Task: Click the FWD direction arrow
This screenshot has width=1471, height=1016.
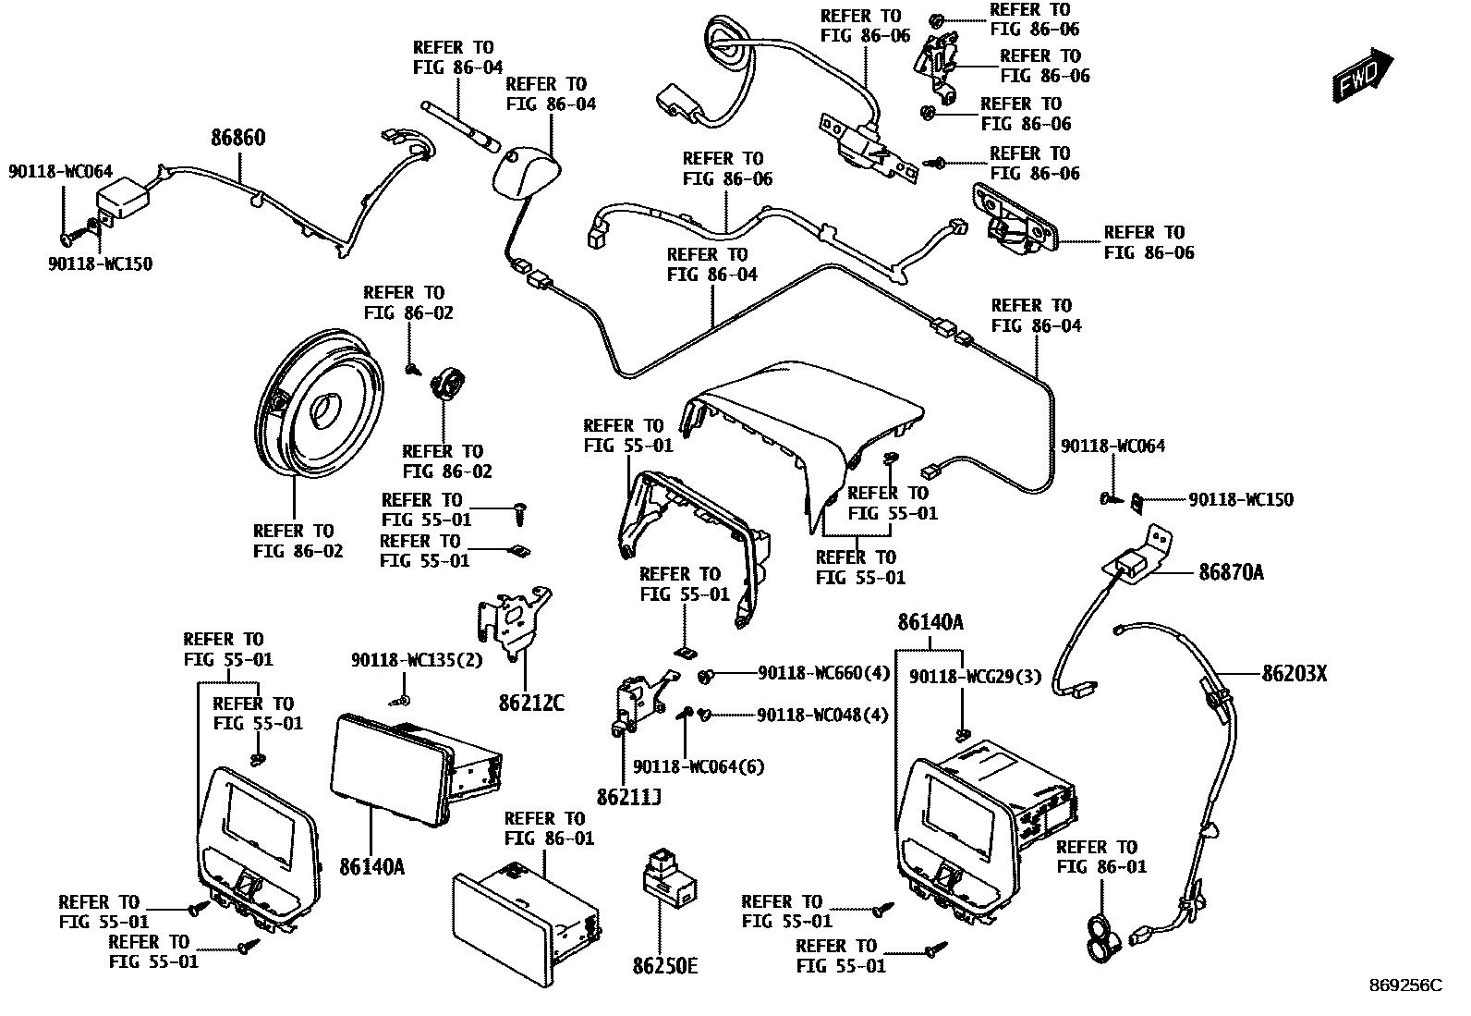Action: point(1363,74)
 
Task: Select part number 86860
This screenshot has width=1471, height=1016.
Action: point(238,139)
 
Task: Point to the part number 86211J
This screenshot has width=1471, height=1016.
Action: point(628,796)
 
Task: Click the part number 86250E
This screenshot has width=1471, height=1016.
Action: point(664,966)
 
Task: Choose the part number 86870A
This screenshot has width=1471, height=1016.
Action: point(1231,572)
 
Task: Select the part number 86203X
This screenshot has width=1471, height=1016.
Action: point(1295,674)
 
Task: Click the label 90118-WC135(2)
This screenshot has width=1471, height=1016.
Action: point(417,660)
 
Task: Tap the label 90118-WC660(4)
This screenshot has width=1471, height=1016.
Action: point(823,673)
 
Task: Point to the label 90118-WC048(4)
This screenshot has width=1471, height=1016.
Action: point(822,715)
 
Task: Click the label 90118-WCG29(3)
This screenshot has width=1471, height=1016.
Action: point(975,677)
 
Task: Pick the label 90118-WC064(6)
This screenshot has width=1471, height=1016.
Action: point(699,766)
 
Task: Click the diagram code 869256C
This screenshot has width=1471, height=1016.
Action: point(1404,985)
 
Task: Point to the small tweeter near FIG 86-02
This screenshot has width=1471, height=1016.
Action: point(448,382)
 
